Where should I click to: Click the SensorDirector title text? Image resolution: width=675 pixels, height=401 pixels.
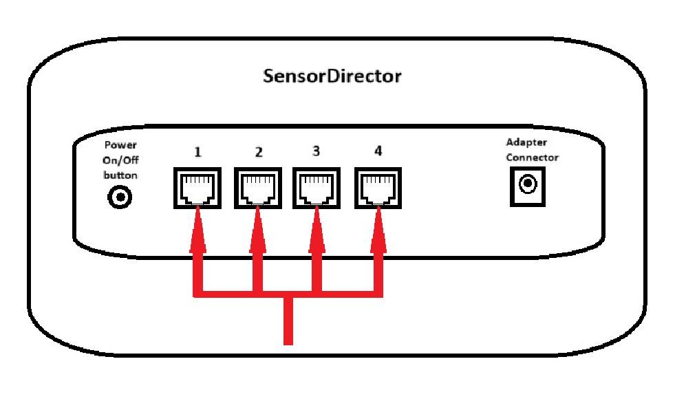(332, 76)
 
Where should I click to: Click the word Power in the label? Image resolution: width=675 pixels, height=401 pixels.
(120, 145)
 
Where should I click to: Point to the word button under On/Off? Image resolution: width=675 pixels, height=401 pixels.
(120, 175)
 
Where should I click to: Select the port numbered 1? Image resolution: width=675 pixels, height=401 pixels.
(197, 188)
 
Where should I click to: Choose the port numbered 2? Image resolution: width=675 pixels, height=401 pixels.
(257, 188)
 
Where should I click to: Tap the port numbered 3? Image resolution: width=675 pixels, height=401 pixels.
(317, 188)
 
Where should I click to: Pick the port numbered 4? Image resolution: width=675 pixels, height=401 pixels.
(378, 188)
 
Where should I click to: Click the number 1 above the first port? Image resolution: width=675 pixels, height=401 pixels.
(197, 152)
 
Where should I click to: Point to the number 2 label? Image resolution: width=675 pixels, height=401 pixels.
(259, 152)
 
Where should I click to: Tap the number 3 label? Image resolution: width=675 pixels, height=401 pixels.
(316, 151)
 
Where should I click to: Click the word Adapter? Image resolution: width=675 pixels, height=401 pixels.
(526, 143)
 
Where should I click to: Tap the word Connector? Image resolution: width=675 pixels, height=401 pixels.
(533, 158)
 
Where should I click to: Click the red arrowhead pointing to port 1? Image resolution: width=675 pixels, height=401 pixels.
(197, 230)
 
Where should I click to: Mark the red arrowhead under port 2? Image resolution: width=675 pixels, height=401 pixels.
(257, 230)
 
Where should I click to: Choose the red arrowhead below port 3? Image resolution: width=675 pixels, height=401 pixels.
(317, 230)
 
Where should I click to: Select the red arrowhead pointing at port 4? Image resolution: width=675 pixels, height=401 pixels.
(378, 230)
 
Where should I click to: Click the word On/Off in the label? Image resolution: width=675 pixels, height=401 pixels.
(120, 160)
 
